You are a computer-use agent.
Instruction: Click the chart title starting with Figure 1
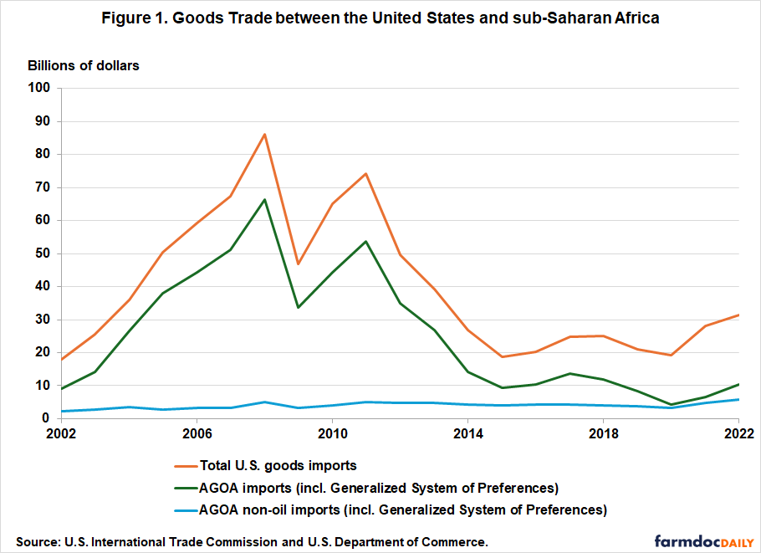[380, 18]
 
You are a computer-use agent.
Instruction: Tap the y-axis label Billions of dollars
[84, 65]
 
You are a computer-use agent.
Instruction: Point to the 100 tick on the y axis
[39, 88]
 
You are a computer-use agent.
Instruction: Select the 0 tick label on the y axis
[47, 418]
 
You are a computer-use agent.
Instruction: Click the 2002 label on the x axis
[59, 434]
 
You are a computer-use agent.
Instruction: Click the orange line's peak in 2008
[265, 134]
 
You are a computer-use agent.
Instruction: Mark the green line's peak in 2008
[265, 200]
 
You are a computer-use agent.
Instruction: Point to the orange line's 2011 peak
[366, 174]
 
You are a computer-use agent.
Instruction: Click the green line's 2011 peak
[366, 242]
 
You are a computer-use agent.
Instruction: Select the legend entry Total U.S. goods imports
[278, 466]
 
